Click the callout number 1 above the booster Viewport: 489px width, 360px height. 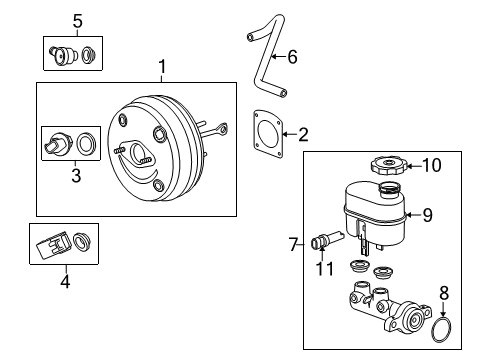click(161, 68)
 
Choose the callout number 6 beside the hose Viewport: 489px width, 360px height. click(292, 57)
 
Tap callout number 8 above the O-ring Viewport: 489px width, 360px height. click(445, 293)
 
